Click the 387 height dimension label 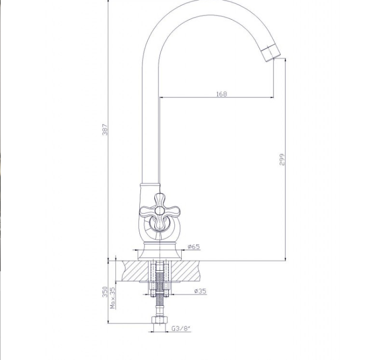(x=105, y=129)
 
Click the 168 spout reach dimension (x=221, y=94)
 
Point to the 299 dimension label (x=282, y=159)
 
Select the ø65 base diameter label (x=194, y=247)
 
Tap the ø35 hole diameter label (x=200, y=291)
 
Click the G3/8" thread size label (x=181, y=329)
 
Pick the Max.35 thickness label (x=113, y=298)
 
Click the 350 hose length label (x=105, y=292)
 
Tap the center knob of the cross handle (x=159, y=210)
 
